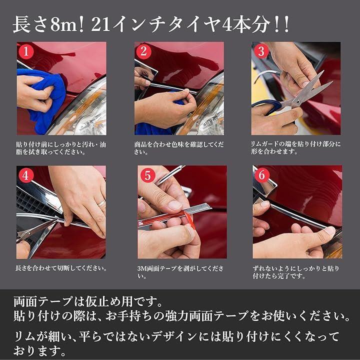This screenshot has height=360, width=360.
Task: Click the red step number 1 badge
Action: tap(26, 51)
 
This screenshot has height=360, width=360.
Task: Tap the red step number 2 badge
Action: tap(143, 51)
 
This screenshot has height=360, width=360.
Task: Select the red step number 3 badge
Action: tap(261, 51)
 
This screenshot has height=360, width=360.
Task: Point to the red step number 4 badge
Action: tap(26, 175)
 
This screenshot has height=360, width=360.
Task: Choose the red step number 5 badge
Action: tap(147, 175)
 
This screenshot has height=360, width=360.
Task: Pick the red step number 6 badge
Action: tap(262, 175)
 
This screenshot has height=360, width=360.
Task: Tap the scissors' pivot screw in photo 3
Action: tap(298, 101)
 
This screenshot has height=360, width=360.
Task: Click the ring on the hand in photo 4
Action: tap(101, 203)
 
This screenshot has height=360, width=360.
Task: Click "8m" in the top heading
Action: tap(64, 25)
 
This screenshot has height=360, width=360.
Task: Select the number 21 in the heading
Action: tap(100, 25)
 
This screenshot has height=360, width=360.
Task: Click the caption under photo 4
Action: tap(61, 268)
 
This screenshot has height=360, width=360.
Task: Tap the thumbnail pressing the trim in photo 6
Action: tap(330, 230)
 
